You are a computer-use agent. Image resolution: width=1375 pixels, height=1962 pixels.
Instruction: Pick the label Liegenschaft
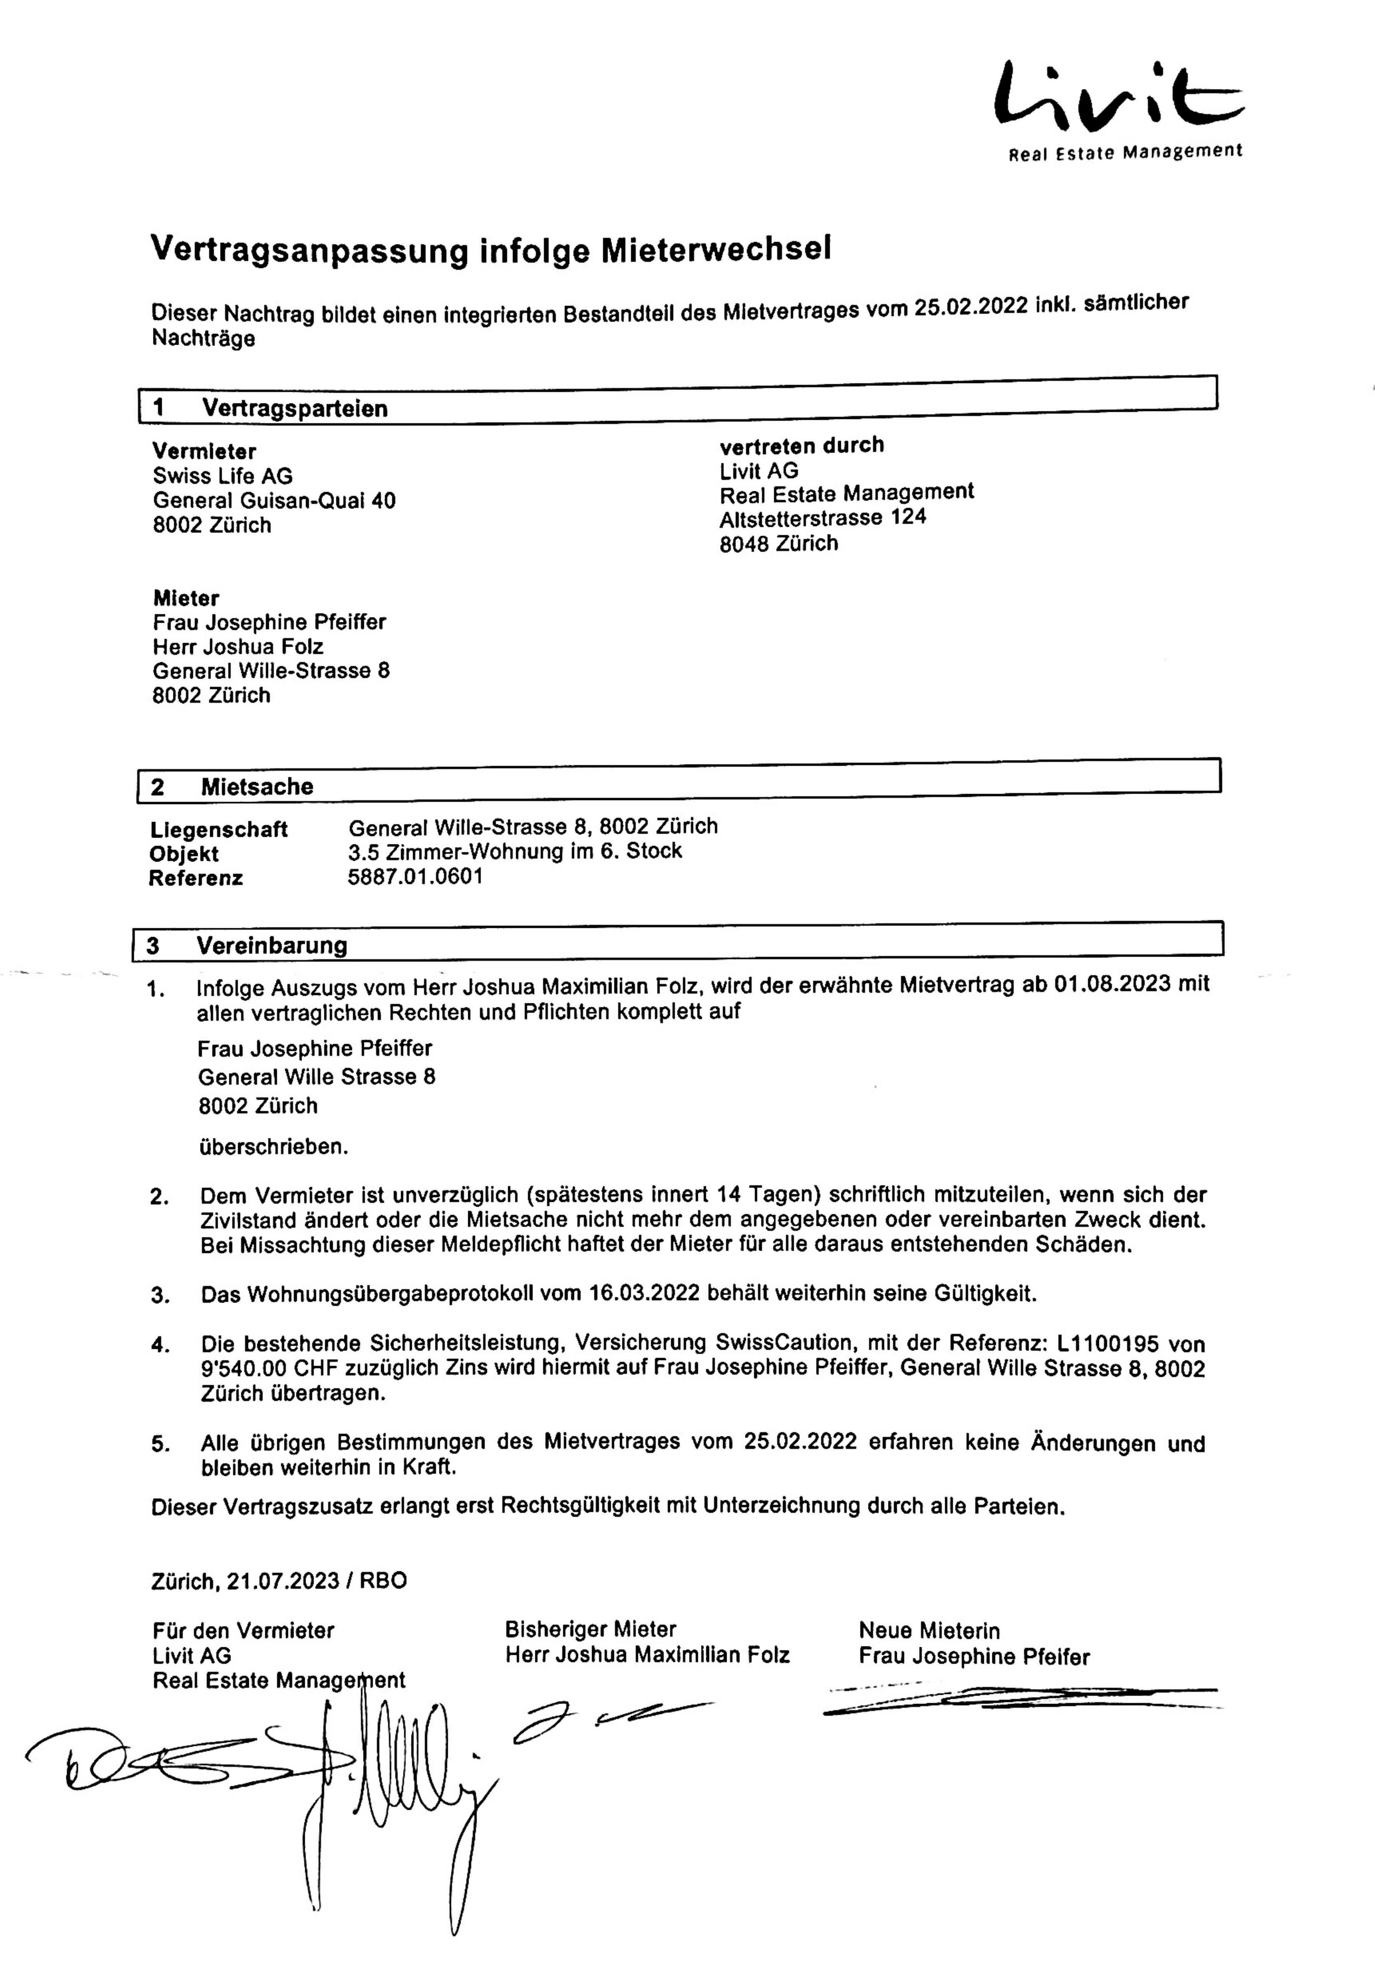[x=219, y=829]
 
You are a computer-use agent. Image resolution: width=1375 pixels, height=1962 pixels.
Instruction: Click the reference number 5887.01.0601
[x=415, y=877]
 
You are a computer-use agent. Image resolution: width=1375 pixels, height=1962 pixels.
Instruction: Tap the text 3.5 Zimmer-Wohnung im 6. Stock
[x=515, y=851]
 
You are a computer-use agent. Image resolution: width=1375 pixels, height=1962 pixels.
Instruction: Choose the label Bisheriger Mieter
[x=590, y=1630]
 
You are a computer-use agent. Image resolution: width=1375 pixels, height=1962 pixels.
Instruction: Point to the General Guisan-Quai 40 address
[x=273, y=501]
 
